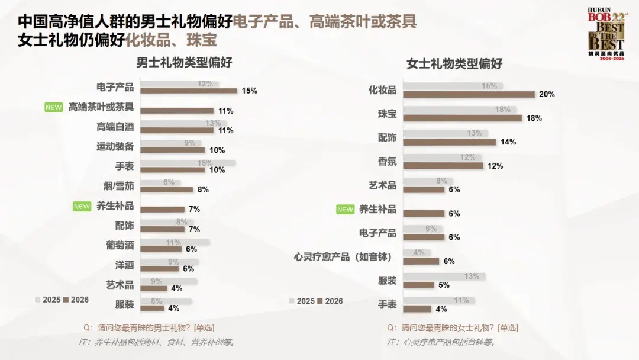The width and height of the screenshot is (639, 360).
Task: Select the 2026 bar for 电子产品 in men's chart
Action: [189, 91]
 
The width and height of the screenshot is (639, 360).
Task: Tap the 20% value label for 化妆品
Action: [547, 94]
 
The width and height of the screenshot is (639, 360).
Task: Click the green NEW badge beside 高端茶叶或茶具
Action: [54, 107]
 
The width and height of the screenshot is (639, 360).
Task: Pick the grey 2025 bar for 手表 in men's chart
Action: [189, 163]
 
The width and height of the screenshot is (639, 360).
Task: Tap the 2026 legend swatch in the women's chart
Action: [320, 301]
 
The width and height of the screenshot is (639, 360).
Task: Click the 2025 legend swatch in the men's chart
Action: [38, 300]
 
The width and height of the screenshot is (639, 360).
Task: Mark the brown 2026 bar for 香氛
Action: [443, 166]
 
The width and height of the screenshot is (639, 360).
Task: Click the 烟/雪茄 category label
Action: [118, 186]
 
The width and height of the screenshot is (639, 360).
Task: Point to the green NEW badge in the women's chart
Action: [345, 209]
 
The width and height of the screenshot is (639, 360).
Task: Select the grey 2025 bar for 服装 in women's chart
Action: [444, 277]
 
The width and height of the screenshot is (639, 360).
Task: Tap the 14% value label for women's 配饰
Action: [508, 142]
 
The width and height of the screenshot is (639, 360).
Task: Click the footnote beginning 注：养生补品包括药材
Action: [157, 342]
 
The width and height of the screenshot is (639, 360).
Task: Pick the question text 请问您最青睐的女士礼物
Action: [453, 327]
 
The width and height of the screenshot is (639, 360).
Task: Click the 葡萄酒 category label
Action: [120, 245]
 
